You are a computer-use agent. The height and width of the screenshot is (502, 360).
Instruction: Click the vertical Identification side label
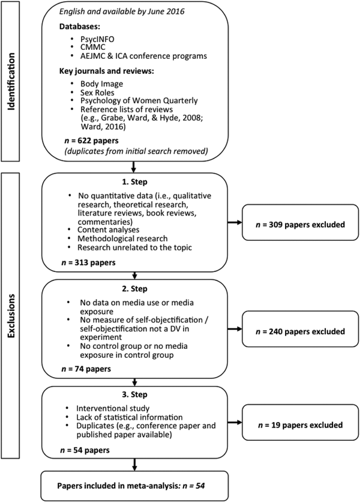click(x=11, y=82)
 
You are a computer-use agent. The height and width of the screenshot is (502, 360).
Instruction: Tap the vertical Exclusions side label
click(x=11, y=316)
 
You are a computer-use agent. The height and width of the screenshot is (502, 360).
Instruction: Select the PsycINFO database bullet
click(x=97, y=40)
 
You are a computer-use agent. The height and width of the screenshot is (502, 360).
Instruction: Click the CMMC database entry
click(x=93, y=47)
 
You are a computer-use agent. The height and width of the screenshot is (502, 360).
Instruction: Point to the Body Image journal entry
click(x=102, y=84)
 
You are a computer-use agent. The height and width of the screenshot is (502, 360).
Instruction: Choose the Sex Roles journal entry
click(x=97, y=92)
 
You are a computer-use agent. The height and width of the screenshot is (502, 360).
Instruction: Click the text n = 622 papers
click(x=91, y=141)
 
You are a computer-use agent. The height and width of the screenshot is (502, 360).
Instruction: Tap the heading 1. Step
click(x=135, y=182)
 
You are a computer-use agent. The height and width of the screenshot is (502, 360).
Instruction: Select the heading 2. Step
click(x=135, y=289)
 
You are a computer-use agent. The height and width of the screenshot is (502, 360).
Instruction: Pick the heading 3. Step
click(x=135, y=395)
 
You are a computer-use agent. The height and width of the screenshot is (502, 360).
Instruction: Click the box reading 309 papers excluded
click(x=300, y=223)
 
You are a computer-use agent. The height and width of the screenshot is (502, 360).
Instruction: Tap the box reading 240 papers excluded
click(x=300, y=329)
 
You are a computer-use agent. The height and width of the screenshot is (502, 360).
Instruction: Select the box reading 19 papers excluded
click(x=300, y=422)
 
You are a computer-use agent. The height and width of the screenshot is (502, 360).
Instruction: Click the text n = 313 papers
click(x=88, y=263)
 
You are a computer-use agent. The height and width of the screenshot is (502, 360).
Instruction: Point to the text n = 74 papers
click(x=86, y=369)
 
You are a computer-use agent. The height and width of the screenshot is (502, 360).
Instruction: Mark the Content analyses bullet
click(x=108, y=230)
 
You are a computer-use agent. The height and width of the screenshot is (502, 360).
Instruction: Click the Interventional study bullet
click(x=113, y=408)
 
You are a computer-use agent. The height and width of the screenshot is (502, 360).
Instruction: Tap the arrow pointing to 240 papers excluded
click(x=235, y=329)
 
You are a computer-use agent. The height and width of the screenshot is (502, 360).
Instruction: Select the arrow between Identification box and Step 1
click(x=134, y=166)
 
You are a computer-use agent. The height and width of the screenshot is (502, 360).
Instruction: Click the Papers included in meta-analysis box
click(x=135, y=486)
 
